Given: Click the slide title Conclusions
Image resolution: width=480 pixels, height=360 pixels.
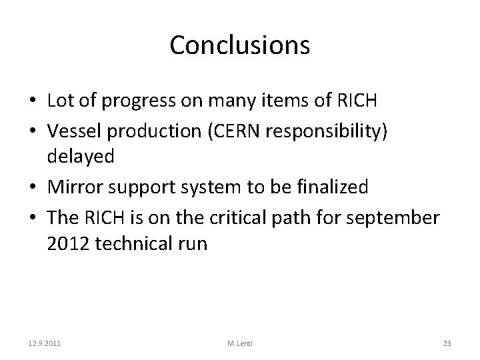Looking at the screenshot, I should click(239, 45).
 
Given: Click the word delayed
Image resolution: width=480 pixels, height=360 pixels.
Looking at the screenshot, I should click(81, 157).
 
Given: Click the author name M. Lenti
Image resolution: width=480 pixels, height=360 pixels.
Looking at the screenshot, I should click(239, 343).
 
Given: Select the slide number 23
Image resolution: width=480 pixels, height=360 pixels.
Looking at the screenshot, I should click(447, 343).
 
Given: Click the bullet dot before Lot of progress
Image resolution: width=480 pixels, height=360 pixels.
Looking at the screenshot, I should click(32, 101).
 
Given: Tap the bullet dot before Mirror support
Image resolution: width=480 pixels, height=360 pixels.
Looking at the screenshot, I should click(32, 188).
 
